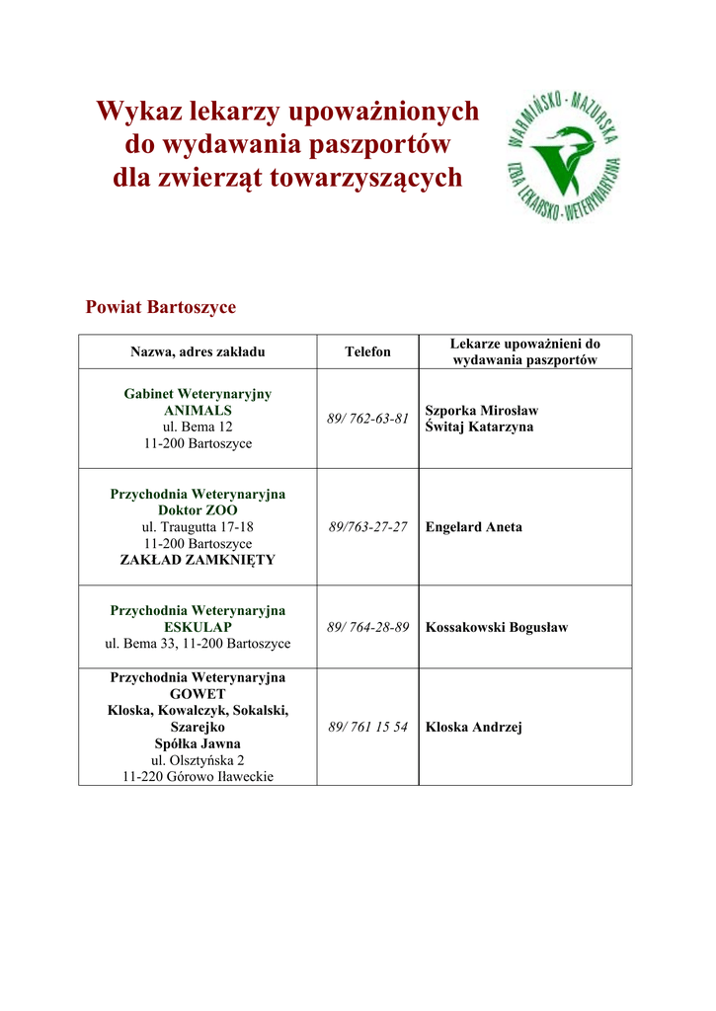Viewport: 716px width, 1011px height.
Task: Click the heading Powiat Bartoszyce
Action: (161, 307)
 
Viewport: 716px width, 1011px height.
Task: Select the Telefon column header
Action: (367, 351)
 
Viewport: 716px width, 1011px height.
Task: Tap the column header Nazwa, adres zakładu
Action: (198, 351)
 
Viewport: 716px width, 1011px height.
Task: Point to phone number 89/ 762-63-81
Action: (367, 419)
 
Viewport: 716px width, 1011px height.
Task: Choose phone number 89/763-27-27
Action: (367, 527)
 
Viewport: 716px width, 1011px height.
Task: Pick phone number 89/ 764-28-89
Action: (367, 627)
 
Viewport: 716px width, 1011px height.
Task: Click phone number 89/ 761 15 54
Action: (367, 728)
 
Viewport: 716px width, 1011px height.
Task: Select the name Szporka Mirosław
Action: (482, 410)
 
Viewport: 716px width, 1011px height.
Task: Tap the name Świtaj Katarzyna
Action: (479, 427)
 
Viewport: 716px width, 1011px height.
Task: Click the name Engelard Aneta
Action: (474, 527)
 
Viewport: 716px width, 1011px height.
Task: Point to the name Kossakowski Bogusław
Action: (497, 627)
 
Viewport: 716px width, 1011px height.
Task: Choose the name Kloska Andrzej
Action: (474, 728)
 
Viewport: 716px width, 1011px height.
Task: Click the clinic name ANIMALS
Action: (198, 410)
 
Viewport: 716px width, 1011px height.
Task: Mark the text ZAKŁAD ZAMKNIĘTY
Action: (198, 560)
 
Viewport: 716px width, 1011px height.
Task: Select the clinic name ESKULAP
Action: (198, 627)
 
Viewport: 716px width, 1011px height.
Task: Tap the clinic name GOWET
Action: (198, 694)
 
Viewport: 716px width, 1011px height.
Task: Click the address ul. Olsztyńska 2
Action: (198, 760)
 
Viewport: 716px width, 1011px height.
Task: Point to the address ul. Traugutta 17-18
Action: (198, 527)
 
